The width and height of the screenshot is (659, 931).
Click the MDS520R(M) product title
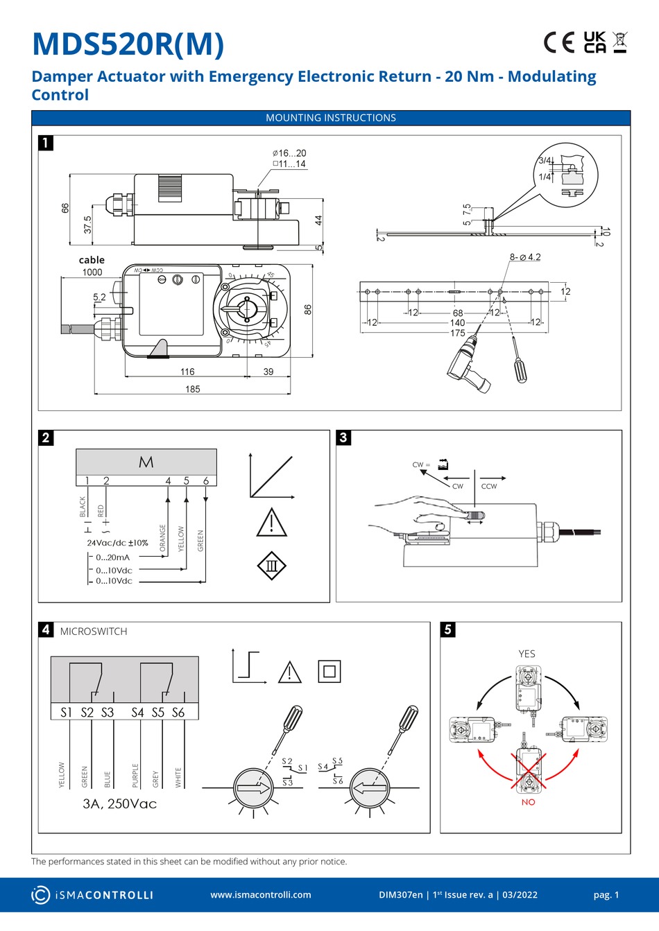(128, 44)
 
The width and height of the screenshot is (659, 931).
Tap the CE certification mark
(559, 42)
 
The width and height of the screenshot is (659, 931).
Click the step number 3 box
(343, 437)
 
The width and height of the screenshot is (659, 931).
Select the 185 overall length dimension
(193, 389)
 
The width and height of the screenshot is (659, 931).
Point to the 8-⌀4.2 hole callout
(525, 257)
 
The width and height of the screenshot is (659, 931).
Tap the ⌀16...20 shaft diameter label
(289, 153)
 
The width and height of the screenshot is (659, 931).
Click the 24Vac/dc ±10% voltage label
(117, 543)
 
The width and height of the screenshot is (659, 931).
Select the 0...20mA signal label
(112, 557)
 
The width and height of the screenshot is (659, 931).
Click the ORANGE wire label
(163, 538)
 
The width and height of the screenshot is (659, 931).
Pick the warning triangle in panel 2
(271, 523)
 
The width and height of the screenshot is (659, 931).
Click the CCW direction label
(489, 486)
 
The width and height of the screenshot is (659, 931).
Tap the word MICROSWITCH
(94, 632)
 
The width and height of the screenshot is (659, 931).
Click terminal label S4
(137, 712)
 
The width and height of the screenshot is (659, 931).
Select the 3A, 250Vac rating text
(119, 804)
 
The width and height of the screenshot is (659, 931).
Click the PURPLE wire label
(135, 775)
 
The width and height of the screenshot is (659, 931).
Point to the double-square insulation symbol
(329, 671)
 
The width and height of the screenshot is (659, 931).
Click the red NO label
(528, 802)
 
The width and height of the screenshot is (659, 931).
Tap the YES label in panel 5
(527, 654)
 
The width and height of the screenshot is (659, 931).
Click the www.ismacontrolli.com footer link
(261, 895)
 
